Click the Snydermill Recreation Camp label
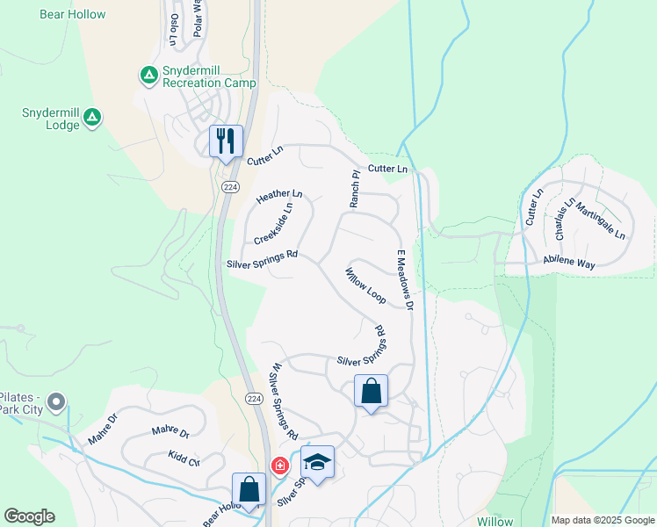tap(208, 76)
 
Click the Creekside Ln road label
tap(272, 224)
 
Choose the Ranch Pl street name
tap(356, 189)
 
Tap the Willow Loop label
tap(365, 285)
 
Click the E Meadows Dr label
tap(403, 279)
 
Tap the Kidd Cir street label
tap(184, 458)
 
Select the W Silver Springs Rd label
tap(285, 401)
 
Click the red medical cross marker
tap(279, 466)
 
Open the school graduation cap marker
tap(317, 461)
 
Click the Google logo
tap(29, 516)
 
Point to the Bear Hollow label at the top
tap(73, 14)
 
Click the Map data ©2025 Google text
tap(602, 520)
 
